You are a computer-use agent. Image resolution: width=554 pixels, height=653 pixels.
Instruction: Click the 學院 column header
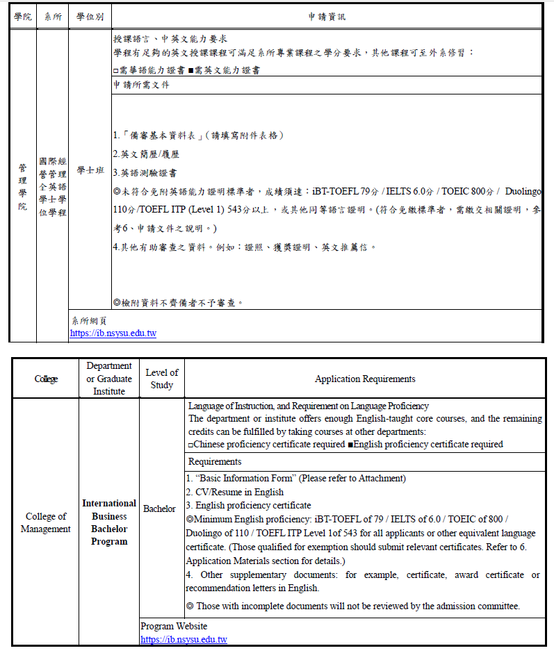point(23,16)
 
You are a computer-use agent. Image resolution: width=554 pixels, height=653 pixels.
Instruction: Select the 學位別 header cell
point(90,16)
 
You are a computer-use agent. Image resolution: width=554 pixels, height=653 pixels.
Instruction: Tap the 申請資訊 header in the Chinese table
point(327,16)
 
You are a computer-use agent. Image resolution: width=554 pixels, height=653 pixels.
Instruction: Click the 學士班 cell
point(90,170)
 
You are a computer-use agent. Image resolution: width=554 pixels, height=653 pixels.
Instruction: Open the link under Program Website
point(184,640)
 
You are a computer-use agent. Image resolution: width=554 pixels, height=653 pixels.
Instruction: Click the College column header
point(46,379)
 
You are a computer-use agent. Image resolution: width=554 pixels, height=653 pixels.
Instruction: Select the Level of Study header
point(162,379)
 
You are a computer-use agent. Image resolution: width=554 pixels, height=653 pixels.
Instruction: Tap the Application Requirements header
point(365,379)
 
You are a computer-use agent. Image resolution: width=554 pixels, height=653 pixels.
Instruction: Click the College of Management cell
point(46,522)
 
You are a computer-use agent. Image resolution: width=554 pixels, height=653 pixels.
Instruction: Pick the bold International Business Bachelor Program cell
point(109,522)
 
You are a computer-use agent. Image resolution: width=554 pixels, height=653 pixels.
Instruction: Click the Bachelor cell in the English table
point(159,509)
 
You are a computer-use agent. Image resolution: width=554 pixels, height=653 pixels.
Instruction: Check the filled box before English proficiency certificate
point(350,445)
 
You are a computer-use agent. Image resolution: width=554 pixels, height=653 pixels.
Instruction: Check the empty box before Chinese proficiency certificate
point(191,445)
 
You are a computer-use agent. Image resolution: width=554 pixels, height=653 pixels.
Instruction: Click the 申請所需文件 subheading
point(141,85)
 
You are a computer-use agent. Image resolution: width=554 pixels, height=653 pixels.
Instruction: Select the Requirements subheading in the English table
point(215,461)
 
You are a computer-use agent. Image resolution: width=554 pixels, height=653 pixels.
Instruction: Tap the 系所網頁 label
point(89,320)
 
